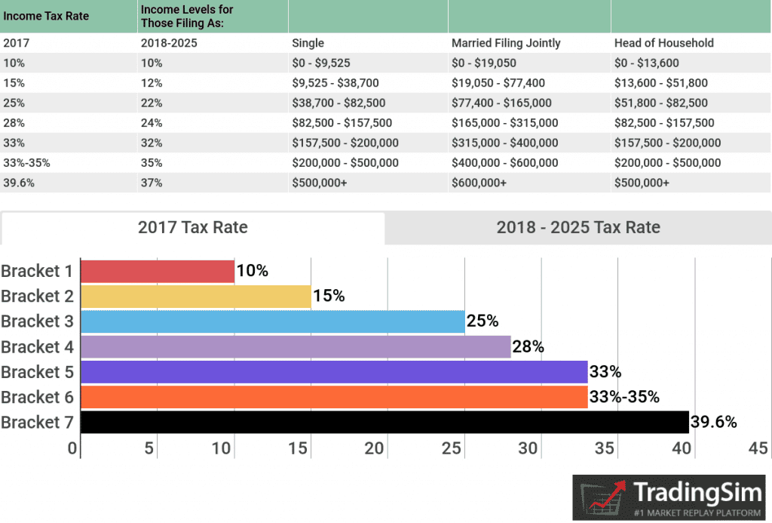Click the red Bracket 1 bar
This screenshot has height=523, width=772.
pos(157,271)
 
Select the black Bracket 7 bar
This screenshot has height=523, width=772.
pos(384,422)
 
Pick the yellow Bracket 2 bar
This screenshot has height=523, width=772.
pos(195,296)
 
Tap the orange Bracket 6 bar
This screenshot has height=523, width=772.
pos(333,397)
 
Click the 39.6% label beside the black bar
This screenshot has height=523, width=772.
pos(713,422)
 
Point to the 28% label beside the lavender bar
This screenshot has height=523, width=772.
pos(528,347)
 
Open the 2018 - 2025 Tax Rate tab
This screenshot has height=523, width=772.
pos(577,227)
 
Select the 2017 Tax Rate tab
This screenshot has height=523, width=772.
pos(192,227)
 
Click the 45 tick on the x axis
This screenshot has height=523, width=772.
pos(757,448)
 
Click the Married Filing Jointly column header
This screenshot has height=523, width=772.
pos(506,43)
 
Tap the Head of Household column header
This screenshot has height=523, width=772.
pos(663,43)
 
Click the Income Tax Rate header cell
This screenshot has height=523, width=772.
pos(46,16)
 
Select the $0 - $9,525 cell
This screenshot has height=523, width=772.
pos(321,63)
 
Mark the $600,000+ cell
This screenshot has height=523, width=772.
pos(479,183)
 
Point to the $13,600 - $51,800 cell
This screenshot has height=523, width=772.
pos(661,83)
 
